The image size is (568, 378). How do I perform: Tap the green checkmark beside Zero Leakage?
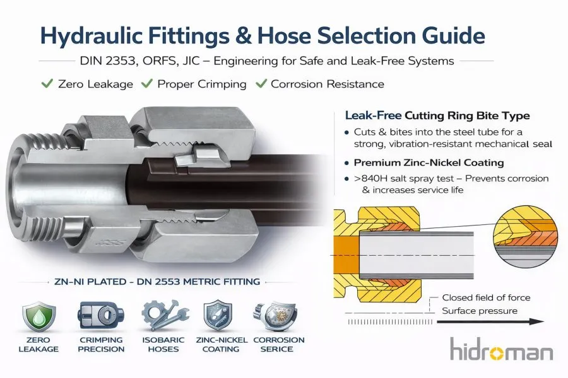[x=47, y=84]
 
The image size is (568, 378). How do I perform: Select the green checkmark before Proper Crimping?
[x=146, y=84]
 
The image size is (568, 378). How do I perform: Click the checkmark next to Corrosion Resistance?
[x=261, y=84]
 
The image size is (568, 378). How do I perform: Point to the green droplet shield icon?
[x=38, y=318]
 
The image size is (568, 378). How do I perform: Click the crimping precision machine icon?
[x=101, y=315]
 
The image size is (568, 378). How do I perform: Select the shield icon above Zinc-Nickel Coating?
[x=218, y=316]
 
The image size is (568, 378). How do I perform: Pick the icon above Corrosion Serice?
[x=277, y=316]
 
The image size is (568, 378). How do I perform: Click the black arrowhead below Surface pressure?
[x=537, y=321]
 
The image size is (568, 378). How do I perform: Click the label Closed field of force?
[x=486, y=298]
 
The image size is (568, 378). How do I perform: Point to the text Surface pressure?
[x=480, y=311]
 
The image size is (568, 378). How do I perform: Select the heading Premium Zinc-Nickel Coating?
[x=429, y=163]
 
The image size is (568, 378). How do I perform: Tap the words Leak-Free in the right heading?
[x=373, y=115]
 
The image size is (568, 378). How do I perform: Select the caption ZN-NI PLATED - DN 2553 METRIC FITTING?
[x=157, y=282]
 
